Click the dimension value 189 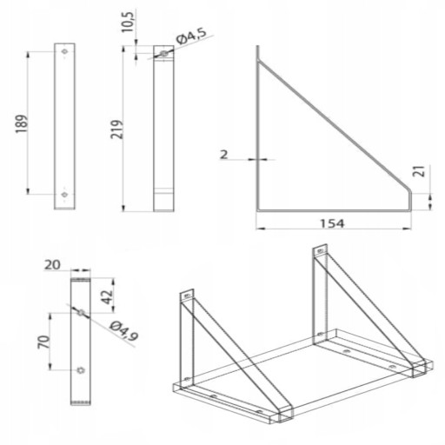point(22,124)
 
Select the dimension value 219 point(117,130)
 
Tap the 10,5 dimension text point(128,23)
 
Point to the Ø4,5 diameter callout point(192,37)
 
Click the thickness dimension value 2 point(223,155)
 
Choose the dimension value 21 point(421,171)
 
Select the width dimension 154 point(332,223)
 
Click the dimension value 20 point(52,265)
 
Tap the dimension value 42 point(108,296)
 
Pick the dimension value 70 point(44,342)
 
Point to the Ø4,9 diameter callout point(124,331)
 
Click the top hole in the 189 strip point(64,51)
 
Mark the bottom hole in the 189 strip point(64,195)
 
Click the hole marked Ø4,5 point(164,54)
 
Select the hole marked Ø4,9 point(82,312)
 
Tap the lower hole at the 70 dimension point(81,370)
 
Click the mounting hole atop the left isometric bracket point(187,296)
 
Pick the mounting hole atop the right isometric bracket point(320,251)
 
